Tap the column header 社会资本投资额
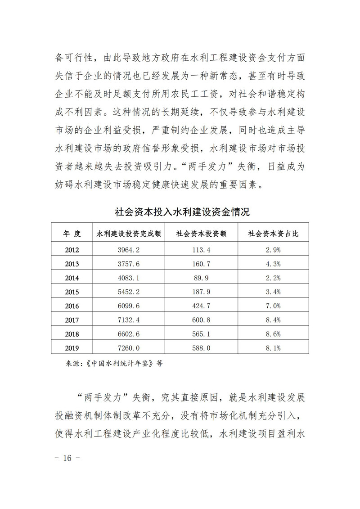click(201, 234)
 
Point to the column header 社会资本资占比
click(274, 234)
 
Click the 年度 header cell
click(72, 234)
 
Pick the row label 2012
click(72, 249)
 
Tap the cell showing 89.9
click(201, 278)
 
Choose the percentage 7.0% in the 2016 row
click(274, 306)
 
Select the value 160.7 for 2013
click(201, 263)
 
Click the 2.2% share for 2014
click(274, 278)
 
